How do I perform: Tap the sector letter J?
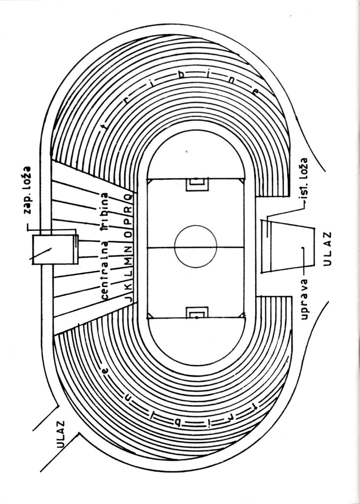(128, 299)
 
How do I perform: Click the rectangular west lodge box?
(54, 250)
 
